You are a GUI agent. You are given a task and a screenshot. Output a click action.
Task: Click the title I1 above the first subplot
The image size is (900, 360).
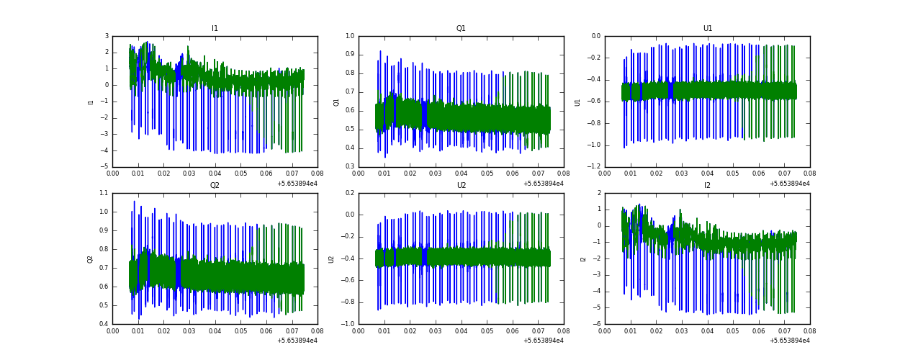click(215, 29)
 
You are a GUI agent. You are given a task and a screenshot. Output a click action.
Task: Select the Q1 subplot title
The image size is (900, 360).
click(461, 29)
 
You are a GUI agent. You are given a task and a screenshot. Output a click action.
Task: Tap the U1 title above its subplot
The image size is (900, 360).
click(707, 29)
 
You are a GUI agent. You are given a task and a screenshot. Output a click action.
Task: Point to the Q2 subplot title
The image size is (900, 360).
click(215, 186)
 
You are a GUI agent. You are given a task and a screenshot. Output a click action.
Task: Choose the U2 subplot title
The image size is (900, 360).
click(461, 186)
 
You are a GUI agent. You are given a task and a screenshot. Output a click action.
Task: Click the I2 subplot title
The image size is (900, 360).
click(707, 186)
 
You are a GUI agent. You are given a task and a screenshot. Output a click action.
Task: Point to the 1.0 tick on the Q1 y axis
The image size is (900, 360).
click(350, 36)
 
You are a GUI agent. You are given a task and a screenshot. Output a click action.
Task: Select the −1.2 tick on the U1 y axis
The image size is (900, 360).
click(595, 167)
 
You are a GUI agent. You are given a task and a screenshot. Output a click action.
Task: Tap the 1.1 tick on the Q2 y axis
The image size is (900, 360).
click(104, 193)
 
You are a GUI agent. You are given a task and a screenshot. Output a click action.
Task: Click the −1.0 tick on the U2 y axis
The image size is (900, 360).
click(348, 324)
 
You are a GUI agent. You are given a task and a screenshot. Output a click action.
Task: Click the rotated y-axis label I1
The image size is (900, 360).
click(91, 102)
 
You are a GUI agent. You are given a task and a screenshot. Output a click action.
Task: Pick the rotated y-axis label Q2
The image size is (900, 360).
click(91, 258)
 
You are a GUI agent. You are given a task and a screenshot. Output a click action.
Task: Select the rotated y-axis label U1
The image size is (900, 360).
click(577, 102)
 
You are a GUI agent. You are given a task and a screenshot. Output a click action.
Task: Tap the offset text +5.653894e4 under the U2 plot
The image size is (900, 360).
click(544, 341)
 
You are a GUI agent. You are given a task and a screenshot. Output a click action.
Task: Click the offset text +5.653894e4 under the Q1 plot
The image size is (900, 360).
click(544, 184)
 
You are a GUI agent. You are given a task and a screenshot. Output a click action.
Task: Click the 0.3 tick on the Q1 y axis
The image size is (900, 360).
click(350, 167)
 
